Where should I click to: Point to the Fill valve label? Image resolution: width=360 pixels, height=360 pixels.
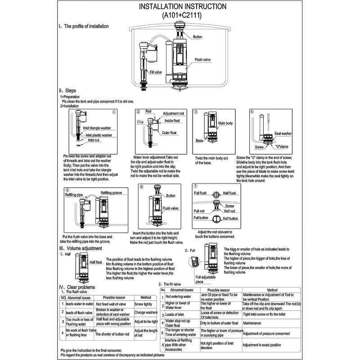[156, 72]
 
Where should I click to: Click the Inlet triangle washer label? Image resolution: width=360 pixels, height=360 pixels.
[98, 128]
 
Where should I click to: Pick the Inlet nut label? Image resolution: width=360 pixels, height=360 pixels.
[94, 140]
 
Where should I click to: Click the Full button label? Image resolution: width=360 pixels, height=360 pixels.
[202, 218]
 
